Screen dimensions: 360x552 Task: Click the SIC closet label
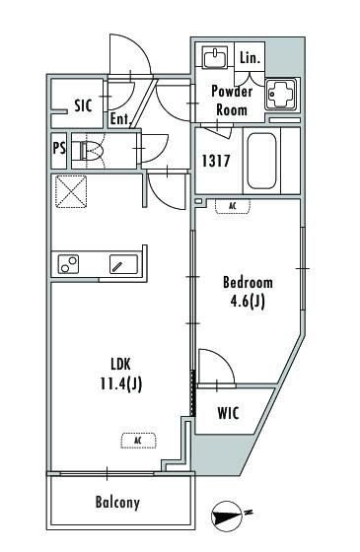(83, 105)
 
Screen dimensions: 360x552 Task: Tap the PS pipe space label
(59, 148)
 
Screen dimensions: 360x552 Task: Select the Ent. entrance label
(120, 119)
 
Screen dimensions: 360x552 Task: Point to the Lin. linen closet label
(251, 58)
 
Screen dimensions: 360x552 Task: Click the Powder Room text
(232, 101)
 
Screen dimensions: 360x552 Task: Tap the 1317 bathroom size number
(216, 161)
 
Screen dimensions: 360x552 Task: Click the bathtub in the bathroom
(261, 162)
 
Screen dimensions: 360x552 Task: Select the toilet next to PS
(87, 151)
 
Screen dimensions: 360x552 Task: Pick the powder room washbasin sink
(215, 57)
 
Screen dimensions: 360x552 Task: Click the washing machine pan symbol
(281, 94)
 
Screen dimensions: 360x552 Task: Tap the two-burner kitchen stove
(69, 264)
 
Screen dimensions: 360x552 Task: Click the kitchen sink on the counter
(123, 264)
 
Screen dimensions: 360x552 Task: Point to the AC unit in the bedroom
(233, 206)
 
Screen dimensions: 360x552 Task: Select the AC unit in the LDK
(138, 441)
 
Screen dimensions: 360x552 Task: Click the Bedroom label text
(248, 282)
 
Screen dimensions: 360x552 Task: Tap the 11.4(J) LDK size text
(121, 383)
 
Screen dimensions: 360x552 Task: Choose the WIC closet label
(228, 413)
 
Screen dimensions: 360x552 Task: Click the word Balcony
(117, 503)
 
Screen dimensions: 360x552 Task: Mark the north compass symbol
(227, 517)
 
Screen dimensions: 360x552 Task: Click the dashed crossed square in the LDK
(71, 192)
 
